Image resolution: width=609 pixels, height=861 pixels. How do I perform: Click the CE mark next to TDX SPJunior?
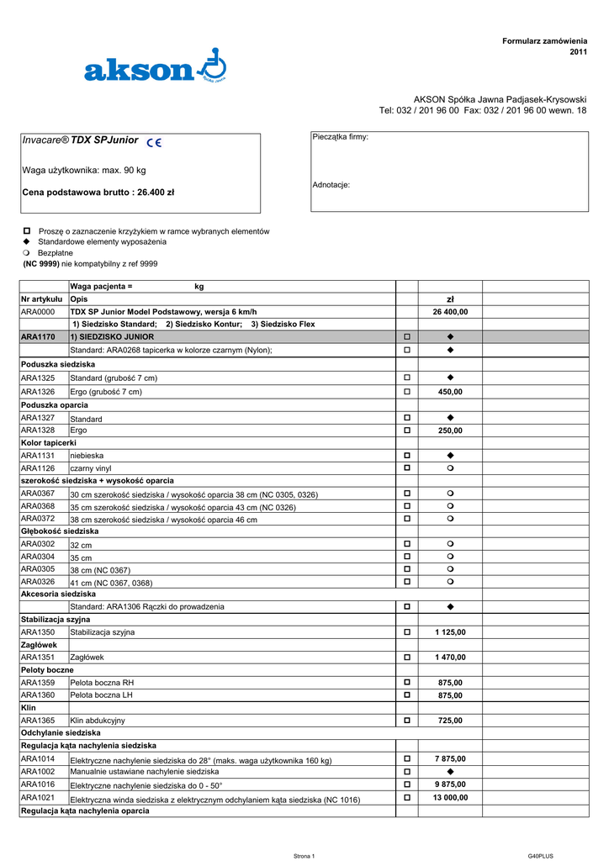point(154,144)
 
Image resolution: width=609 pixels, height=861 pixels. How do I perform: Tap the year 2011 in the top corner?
point(578,52)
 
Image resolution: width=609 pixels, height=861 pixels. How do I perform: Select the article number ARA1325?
point(38,378)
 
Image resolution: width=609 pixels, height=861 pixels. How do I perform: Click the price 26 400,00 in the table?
point(450,311)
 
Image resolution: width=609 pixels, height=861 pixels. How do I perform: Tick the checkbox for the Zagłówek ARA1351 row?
point(407,658)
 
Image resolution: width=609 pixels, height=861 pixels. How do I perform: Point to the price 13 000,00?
point(450,797)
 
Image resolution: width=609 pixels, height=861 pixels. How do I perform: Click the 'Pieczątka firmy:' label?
point(340,137)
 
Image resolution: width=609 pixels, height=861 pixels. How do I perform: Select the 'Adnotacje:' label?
point(331,184)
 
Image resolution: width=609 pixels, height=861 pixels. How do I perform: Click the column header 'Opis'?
point(79,298)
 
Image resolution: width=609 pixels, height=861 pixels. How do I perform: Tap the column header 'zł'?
point(450,298)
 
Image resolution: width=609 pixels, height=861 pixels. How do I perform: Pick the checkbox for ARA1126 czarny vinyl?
point(407,467)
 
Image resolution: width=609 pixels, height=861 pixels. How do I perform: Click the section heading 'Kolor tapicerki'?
point(49,442)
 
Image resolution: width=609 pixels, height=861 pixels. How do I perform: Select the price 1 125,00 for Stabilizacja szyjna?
point(450,631)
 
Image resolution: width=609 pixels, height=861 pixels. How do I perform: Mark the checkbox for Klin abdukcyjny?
point(407,721)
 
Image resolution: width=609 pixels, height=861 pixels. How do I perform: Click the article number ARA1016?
point(38,784)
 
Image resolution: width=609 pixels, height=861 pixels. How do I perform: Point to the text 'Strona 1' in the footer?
point(304,856)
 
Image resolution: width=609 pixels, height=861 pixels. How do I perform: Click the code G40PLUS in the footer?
point(540,856)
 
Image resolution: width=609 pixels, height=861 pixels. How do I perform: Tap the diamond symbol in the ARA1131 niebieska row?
point(450,455)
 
